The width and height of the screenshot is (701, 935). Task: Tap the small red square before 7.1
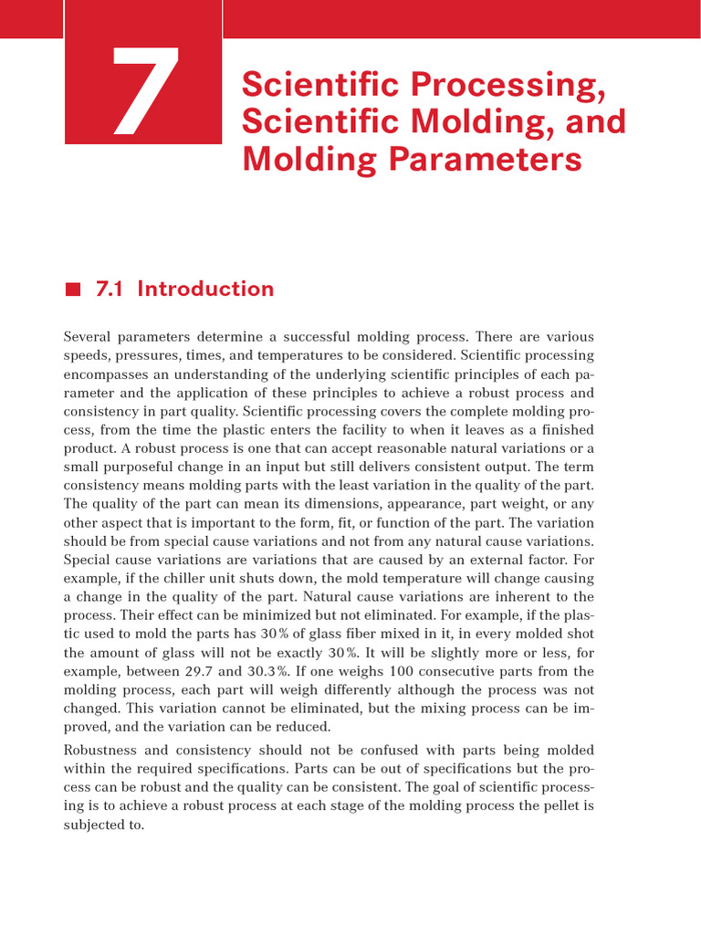click(x=73, y=290)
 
